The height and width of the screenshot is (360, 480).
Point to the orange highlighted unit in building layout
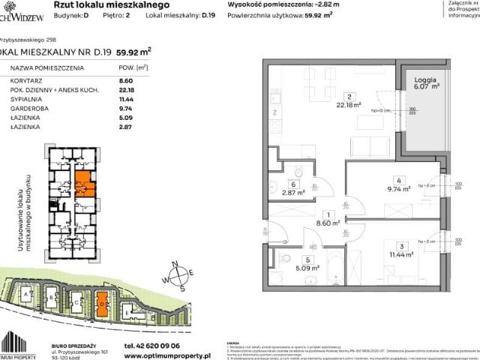pos(84,183)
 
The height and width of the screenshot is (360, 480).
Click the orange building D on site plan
pos(101,304)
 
